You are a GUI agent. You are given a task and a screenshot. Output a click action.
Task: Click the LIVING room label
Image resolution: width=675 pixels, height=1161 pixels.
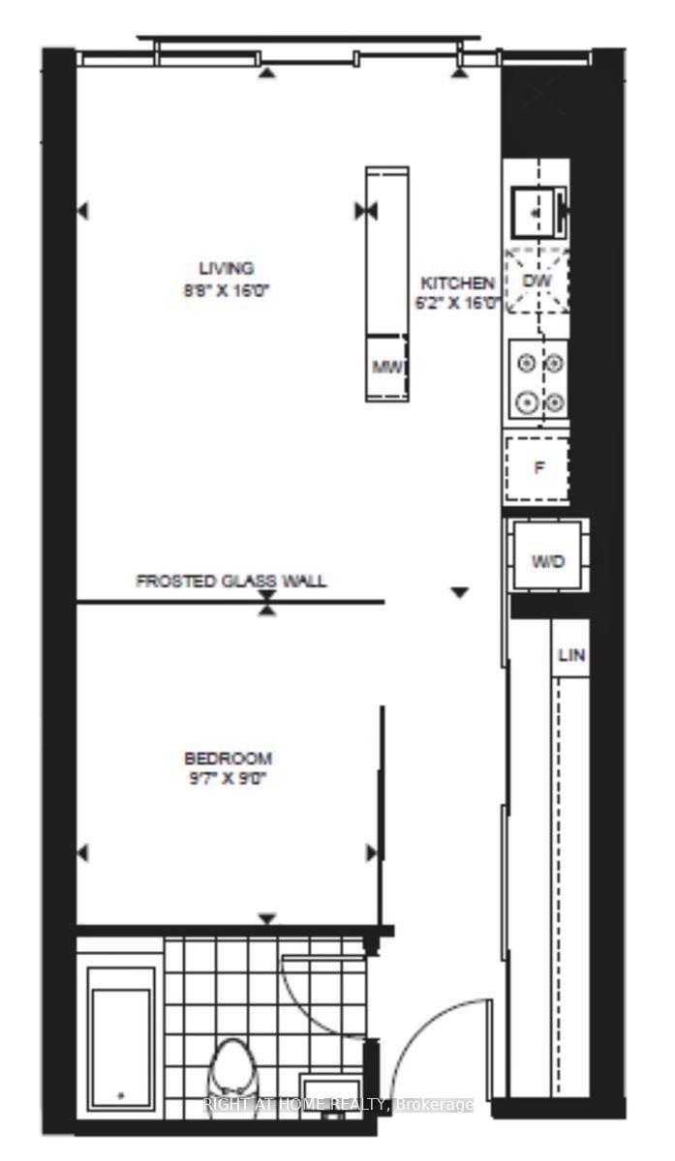(226, 268)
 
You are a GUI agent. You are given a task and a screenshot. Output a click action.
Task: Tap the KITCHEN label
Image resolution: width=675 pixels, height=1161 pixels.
(457, 283)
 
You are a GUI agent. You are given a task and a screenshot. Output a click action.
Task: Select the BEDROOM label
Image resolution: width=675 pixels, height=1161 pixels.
(228, 758)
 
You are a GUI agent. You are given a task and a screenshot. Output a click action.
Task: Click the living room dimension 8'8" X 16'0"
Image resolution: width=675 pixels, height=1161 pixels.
(226, 288)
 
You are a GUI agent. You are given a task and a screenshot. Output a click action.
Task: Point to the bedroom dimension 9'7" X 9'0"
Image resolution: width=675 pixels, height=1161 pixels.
(228, 778)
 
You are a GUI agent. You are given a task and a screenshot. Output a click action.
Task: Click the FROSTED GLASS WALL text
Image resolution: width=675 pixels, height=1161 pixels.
(230, 581)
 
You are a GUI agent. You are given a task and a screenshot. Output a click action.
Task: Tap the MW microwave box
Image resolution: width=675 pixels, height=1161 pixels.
(386, 367)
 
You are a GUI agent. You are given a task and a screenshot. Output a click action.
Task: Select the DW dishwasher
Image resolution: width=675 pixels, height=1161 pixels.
(537, 280)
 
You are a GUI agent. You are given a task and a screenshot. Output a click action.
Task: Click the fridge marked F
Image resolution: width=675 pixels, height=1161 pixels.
(538, 468)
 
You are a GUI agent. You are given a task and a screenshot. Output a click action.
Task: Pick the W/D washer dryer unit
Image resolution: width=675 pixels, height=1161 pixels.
(547, 560)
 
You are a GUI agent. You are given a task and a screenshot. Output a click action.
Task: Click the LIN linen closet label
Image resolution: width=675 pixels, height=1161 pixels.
(571, 655)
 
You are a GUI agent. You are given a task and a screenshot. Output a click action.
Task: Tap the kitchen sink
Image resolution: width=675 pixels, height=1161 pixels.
(536, 208)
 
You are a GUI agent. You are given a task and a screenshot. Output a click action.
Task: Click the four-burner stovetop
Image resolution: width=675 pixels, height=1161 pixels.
(539, 382)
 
